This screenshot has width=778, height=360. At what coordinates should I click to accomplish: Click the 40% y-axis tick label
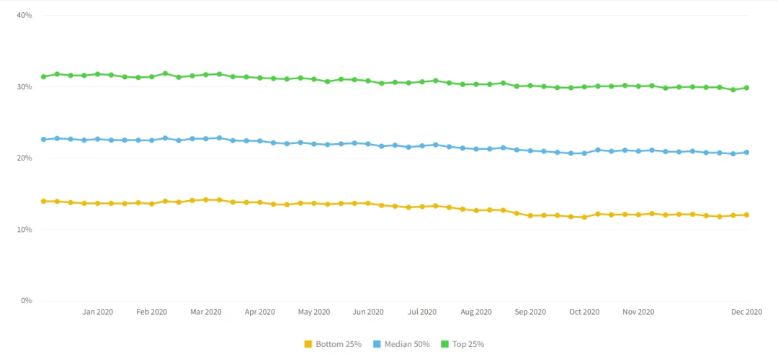(24, 15)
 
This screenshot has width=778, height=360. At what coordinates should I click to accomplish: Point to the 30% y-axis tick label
(24, 87)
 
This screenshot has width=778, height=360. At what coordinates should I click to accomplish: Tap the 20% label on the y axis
(24, 158)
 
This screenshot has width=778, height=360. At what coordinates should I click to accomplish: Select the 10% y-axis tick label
(24, 229)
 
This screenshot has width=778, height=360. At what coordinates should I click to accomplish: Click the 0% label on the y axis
(27, 300)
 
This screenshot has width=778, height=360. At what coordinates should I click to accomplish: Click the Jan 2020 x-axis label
(98, 312)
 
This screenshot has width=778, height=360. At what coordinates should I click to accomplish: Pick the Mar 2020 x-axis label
(206, 312)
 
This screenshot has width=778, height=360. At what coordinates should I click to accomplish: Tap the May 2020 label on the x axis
(314, 312)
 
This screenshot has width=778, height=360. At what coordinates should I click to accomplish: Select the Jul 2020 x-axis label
(422, 312)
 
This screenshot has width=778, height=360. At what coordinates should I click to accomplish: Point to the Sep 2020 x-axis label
(530, 312)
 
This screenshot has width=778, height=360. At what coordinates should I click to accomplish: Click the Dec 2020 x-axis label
(747, 312)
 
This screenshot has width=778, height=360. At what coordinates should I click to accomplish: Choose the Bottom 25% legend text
(339, 344)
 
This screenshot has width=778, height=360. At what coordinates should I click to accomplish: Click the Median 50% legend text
(407, 344)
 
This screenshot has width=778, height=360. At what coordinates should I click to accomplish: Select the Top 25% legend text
(468, 344)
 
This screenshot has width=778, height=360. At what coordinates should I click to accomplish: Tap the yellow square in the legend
(308, 344)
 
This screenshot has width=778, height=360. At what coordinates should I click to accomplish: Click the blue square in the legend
(377, 344)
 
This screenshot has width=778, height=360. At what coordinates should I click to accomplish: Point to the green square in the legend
(444, 344)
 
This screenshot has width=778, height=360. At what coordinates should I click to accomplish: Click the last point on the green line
(746, 88)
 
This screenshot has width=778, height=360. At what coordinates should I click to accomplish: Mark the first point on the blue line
(44, 140)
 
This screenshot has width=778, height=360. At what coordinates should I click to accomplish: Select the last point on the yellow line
(746, 215)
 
